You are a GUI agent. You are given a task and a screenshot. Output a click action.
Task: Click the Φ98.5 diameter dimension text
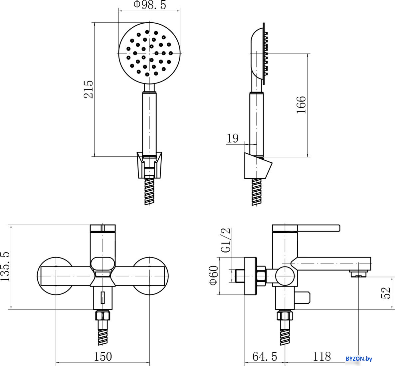pos(150,5)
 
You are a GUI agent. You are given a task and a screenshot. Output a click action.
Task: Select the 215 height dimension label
pos(89,90)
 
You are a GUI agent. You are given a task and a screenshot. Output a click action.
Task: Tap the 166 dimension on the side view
pos(301,104)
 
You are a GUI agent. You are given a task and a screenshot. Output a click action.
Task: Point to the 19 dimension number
pos(233,138)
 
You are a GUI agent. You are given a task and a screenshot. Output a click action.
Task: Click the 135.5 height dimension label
pos(5,266)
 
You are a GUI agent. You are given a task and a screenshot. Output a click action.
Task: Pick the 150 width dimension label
pos(103,356)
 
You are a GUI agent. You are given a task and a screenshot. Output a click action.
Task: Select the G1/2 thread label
pos(226,240)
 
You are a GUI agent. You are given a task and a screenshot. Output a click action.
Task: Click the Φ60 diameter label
pos(213,275)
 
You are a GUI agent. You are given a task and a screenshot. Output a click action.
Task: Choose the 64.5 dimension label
pos(265,356)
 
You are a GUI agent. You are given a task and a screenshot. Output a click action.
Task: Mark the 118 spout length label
pos(322,356)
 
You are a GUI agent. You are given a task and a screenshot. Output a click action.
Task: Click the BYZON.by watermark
pos(359,359)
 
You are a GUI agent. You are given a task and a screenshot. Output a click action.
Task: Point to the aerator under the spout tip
pos(358,273)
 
